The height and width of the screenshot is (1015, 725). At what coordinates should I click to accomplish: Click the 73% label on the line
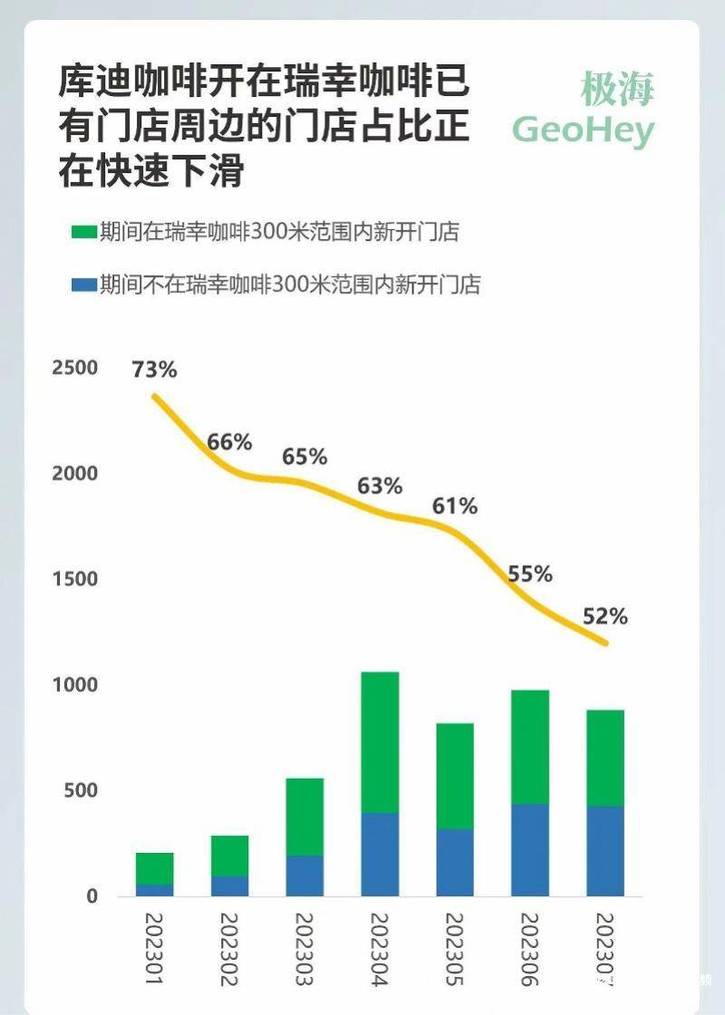(x=155, y=369)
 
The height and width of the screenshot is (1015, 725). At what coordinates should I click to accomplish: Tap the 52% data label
(x=605, y=617)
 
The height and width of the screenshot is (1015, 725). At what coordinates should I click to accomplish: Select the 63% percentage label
(x=380, y=486)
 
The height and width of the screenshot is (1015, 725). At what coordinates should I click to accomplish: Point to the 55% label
(x=530, y=574)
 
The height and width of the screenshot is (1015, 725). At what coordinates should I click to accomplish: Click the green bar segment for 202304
(x=380, y=742)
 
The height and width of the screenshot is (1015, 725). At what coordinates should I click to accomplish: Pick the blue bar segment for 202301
(x=155, y=890)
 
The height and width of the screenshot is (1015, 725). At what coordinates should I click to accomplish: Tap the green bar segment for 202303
(x=304, y=817)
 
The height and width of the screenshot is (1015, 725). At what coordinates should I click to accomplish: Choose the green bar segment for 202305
(x=455, y=776)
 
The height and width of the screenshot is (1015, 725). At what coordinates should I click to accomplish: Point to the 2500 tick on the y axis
(x=74, y=369)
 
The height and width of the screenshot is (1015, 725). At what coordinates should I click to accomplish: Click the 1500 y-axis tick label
(x=74, y=579)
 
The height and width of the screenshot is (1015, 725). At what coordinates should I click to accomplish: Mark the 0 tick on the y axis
(x=92, y=896)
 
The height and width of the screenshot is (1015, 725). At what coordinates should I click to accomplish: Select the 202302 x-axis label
(x=229, y=948)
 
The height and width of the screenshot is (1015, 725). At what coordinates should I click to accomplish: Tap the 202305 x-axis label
(x=455, y=948)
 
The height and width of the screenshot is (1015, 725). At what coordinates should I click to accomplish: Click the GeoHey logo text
(x=583, y=130)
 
